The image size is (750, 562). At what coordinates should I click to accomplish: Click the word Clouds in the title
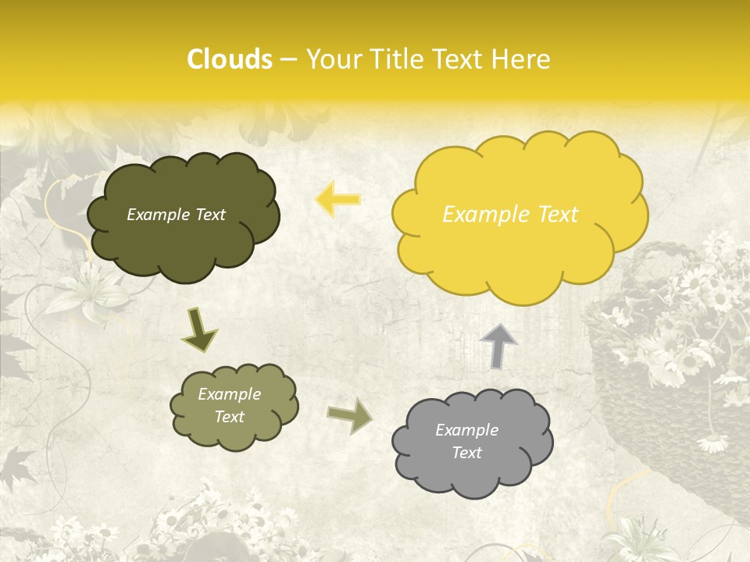click(230, 59)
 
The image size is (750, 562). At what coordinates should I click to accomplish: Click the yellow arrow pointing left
click(337, 199)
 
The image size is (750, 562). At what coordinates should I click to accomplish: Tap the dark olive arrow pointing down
click(199, 329)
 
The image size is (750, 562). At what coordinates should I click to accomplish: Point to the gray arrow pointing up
click(498, 344)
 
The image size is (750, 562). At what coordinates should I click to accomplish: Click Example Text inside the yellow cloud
click(510, 215)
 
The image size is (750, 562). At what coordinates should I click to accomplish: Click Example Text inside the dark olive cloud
click(176, 215)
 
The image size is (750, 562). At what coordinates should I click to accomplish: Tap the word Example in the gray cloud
click(466, 430)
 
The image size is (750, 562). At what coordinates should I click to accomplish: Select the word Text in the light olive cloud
click(229, 417)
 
